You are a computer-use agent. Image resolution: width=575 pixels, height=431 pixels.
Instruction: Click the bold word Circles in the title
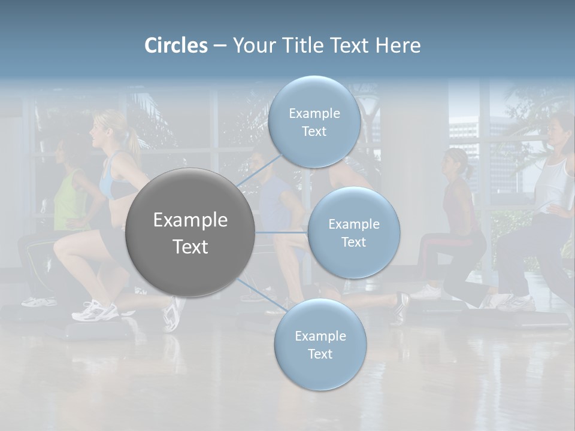(x=176, y=45)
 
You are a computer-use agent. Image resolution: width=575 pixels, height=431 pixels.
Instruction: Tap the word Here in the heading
(x=398, y=45)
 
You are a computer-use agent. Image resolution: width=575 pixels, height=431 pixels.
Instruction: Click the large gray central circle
(x=190, y=232)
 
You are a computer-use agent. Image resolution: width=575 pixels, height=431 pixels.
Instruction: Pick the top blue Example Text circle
(x=314, y=122)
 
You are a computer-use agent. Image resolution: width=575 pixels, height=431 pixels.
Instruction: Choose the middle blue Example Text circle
(x=353, y=232)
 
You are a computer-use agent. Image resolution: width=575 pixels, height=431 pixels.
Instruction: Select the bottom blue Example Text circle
(x=320, y=344)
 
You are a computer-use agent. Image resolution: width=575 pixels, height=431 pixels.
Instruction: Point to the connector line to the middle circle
(x=282, y=232)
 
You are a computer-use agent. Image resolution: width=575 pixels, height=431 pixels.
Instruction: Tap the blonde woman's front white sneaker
(x=96, y=311)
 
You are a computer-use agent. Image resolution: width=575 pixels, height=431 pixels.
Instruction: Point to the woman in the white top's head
(x=561, y=129)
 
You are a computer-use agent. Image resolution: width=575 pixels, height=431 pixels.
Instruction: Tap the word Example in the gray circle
(x=190, y=220)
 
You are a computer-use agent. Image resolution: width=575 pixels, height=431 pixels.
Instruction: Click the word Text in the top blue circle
(x=314, y=131)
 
